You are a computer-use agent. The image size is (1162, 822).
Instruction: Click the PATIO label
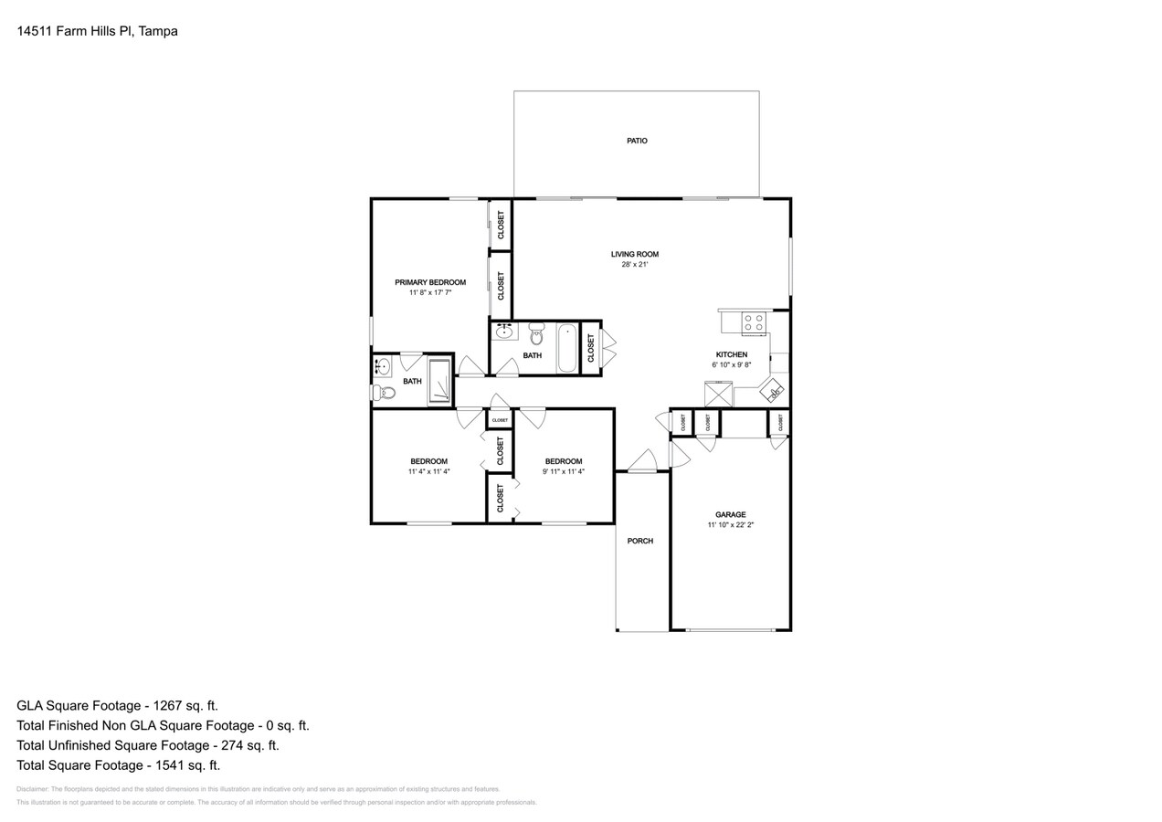pyautogui.click(x=637, y=141)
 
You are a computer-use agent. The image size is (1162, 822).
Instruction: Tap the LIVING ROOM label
pyautogui.click(x=634, y=254)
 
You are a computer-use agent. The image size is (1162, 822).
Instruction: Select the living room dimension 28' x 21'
pyautogui.click(x=634, y=265)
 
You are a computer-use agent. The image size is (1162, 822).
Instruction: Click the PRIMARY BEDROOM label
pyautogui.click(x=429, y=282)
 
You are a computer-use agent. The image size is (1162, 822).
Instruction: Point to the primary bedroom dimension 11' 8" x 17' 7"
pyautogui.click(x=429, y=293)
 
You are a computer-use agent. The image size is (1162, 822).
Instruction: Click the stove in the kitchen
pyautogui.click(x=754, y=322)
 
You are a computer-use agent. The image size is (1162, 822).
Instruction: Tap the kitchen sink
pyautogui.click(x=772, y=390)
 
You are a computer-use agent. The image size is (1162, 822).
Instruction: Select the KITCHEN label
pyautogui.click(x=731, y=354)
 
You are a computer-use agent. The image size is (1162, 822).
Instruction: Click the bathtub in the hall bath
pyautogui.click(x=567, y=348)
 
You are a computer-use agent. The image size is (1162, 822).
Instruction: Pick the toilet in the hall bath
pyautogui.click(x=536, y=334)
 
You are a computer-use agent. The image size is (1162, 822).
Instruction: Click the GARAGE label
pyautogui.click(x=730, y=514)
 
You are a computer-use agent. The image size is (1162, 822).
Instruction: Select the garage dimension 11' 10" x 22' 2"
pyautogui.click(x=730, y=525)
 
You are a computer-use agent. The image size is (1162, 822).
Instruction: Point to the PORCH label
pyautogui.click(x=639, y=541)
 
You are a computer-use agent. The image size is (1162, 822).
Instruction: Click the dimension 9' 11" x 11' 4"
pyautogui.click(x=563, y=472)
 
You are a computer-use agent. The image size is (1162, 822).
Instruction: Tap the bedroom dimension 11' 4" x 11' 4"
pyautogui.click(x=428, y=472)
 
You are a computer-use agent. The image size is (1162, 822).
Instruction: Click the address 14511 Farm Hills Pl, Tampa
pyautogui.click(x=97, y=31)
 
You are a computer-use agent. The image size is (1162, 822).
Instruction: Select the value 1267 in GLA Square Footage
pyautogui.click(x=164, y=705)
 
